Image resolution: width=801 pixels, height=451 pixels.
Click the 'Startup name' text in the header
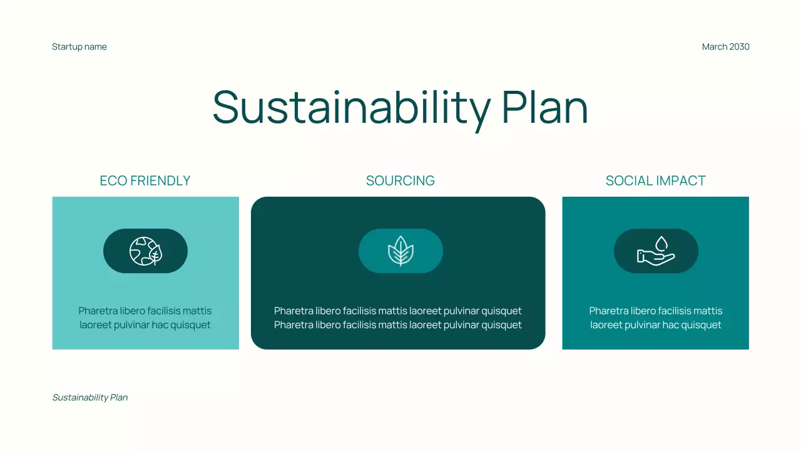(x=79, y=47)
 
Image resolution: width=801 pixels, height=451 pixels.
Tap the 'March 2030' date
(x=725, y=47)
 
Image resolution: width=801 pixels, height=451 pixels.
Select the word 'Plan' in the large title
(x=544, y=107)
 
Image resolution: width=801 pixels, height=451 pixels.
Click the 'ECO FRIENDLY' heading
(x=145, y=181)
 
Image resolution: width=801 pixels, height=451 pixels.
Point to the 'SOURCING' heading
(x=400, y=181)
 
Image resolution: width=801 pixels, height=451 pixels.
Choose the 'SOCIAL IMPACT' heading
(x=655, y=181)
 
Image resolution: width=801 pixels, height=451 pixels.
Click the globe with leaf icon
(x=145, y=251)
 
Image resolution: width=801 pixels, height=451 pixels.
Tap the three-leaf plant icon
(x=400, y=251)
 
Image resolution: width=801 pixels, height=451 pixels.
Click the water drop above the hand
(x=661, y=243)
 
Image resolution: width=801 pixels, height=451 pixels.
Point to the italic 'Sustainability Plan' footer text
(x=90, y=398)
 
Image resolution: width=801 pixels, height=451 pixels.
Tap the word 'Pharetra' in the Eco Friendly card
(x=97, y=311)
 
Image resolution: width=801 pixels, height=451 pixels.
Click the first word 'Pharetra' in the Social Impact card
(x=608, y=311)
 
